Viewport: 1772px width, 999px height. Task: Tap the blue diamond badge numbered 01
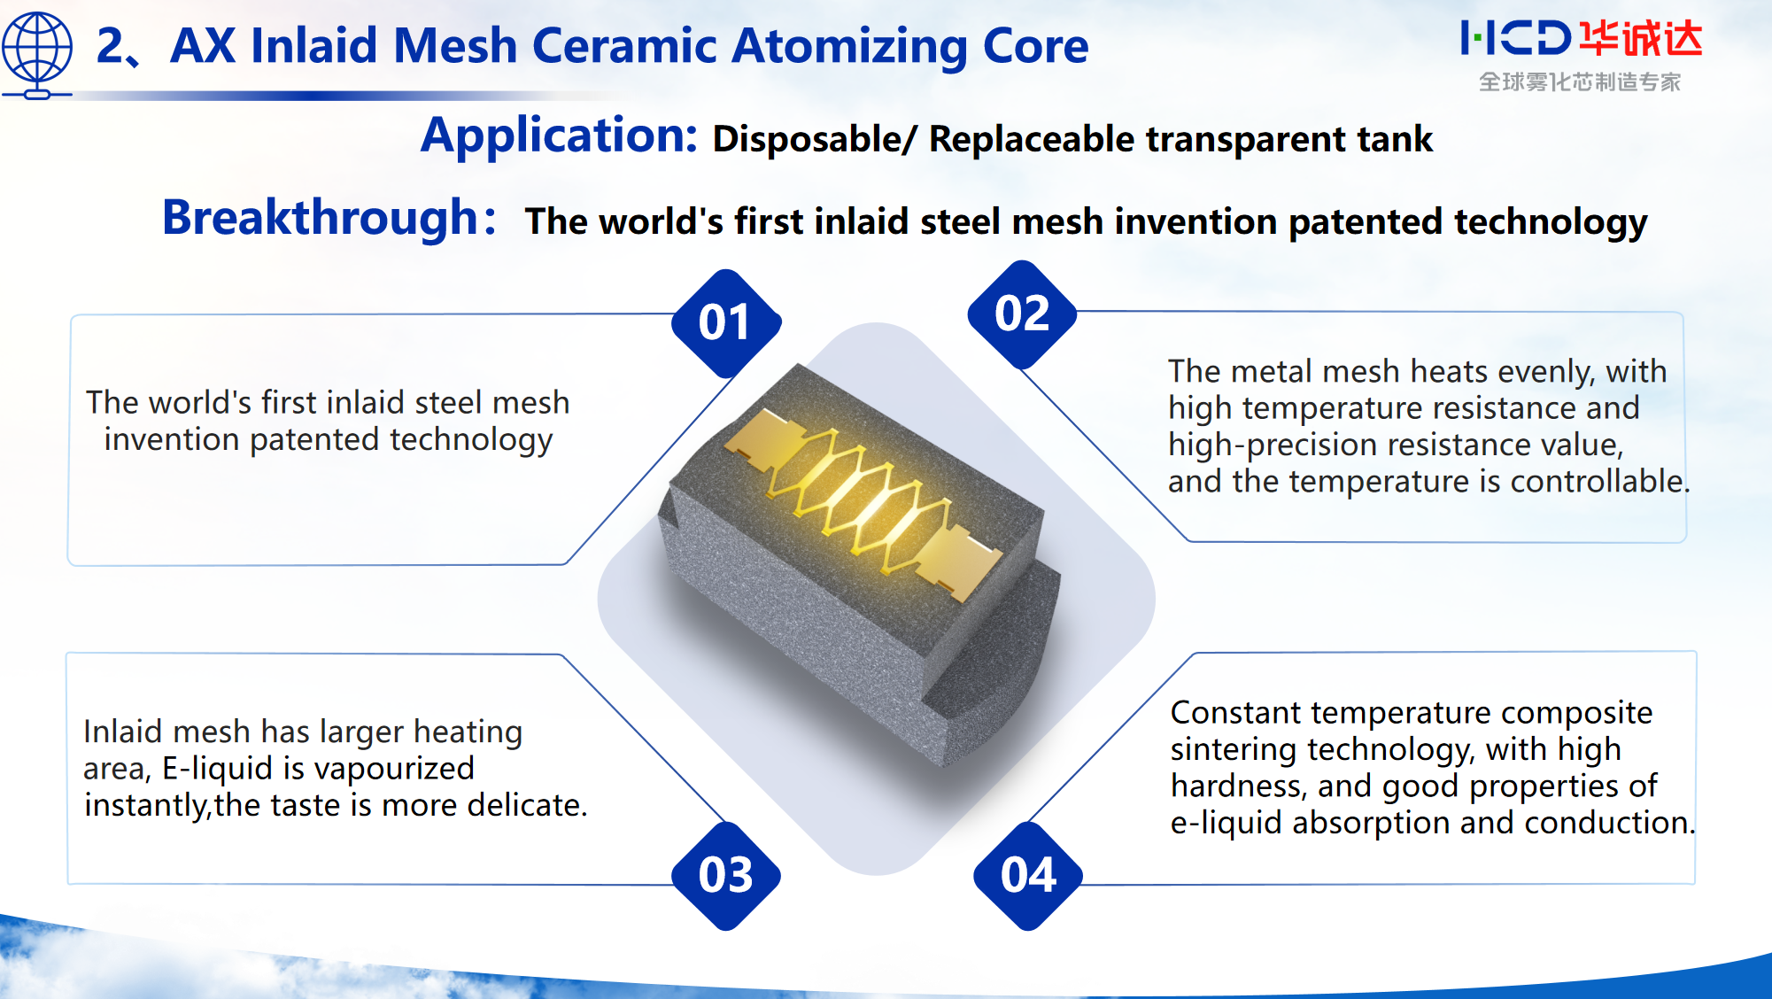coord(726,322)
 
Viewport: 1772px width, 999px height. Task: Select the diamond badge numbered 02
coord(1022,314)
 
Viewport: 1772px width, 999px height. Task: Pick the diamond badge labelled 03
coord(726,875)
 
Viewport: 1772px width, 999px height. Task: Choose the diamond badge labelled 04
coord(1028,875)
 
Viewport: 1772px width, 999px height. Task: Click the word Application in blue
coord(559,136)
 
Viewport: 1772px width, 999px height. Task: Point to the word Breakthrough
coord(321,218)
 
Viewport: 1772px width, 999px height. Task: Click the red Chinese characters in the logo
coord(1641,39)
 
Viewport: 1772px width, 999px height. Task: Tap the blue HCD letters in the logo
coord(1515,39)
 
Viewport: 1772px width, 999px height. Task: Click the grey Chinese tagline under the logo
coord(1579,82)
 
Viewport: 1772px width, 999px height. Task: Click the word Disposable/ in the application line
coord(814,140)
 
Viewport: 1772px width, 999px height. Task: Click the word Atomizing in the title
coord(849,46)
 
